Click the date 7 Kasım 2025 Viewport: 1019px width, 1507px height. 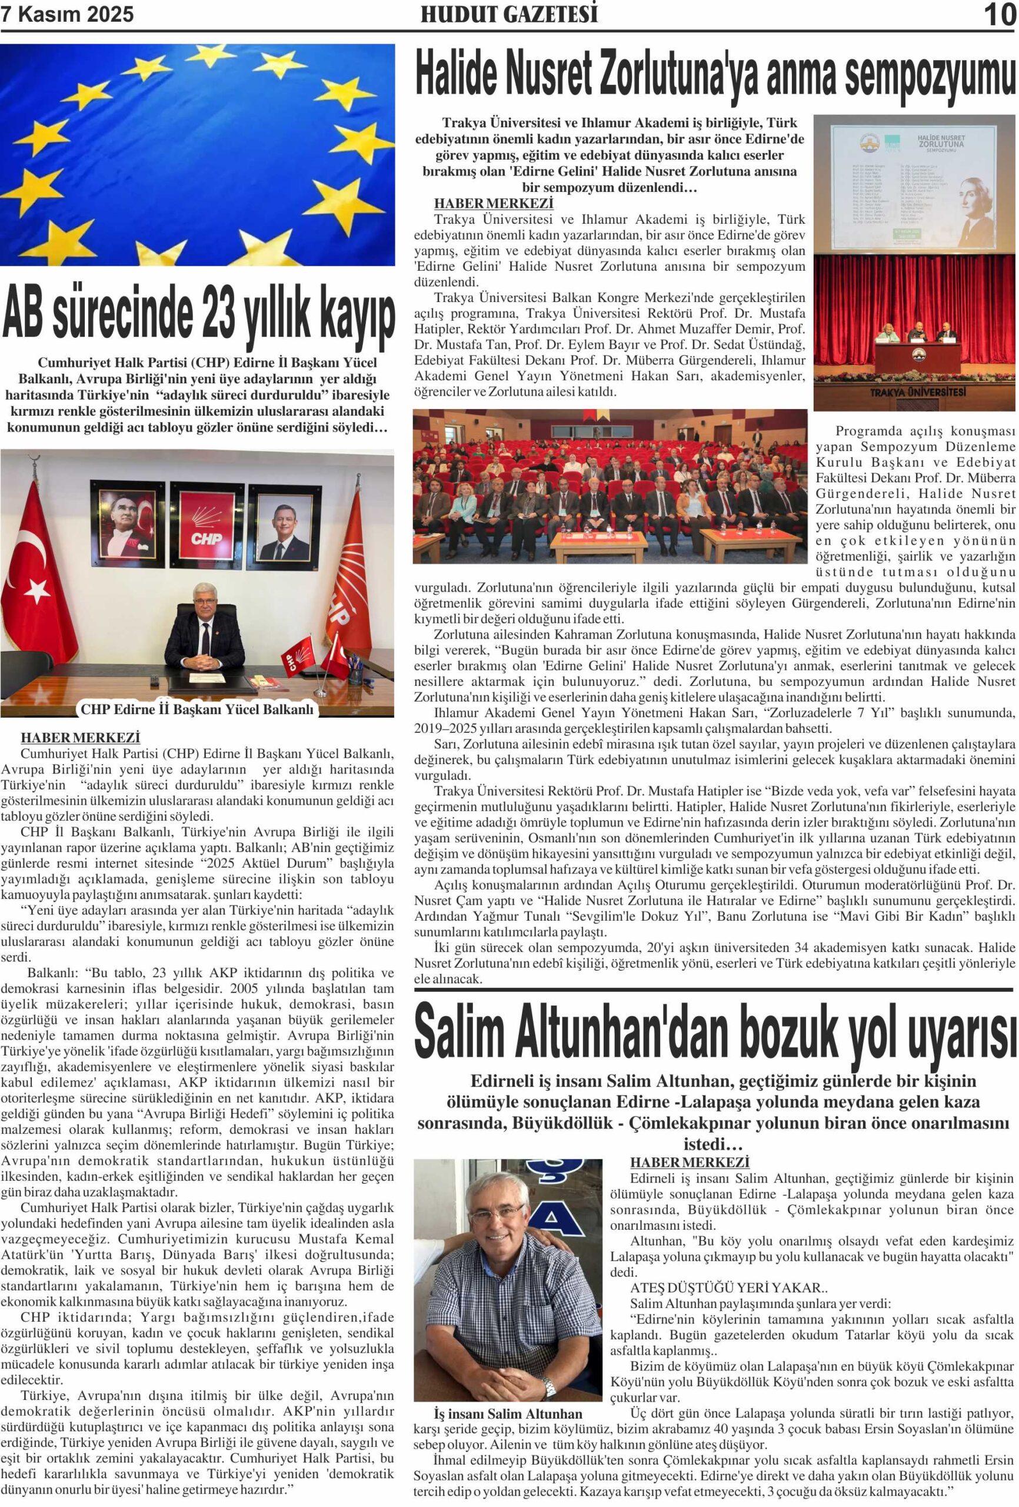click(68, 14)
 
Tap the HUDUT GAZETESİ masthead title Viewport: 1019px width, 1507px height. click(509, 14)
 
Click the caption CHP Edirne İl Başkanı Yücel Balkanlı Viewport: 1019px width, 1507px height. click(197, 709)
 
